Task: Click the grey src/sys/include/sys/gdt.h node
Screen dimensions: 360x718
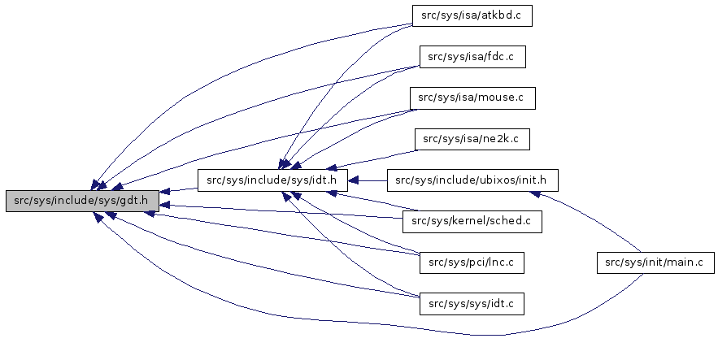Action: (81, 201)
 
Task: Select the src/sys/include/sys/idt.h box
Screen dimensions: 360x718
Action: (272, 180)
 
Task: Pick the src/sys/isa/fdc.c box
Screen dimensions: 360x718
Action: (472, 57)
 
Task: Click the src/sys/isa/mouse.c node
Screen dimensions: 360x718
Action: (472, 98)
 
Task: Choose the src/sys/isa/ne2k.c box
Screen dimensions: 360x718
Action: (472, 139)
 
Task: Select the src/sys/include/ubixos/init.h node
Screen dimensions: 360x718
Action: (472, 180)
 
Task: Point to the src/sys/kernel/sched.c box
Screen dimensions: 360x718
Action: (472, 221)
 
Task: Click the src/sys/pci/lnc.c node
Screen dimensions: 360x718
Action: (472, 262)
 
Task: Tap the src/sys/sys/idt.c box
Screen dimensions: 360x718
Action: (472, 304)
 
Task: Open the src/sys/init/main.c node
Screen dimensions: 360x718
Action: (655, 262)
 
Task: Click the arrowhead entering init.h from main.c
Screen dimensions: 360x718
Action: (534, 193)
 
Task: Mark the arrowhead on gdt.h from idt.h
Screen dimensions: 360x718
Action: (164, 190)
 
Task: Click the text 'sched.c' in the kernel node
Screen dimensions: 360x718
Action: (512, 221)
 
